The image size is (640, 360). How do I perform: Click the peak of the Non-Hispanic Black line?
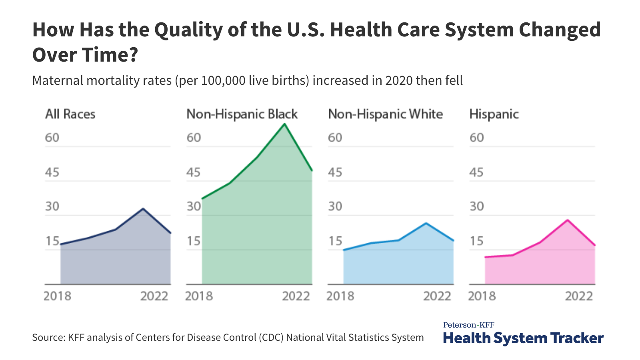(x=284, y=124)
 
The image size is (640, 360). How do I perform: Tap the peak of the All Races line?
(x=143, y=209)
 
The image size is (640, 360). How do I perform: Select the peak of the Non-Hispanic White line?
(x=426, y=223)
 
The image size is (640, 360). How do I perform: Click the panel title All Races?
(x=70, y=114)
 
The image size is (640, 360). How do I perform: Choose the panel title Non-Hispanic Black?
(x=242, y=114)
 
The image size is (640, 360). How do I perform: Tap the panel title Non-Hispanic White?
(x=385, y=114)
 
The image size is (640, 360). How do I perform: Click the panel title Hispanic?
(x=494, y=114)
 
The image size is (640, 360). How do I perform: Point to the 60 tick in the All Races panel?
(x=52, y=138)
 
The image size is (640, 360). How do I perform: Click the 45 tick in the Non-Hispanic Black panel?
(x=194, y=172)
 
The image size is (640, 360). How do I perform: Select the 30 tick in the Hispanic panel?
(x=476, y=206)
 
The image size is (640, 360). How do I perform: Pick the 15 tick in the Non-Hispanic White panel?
(x=335, y=241)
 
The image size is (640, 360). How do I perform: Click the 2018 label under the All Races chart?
(x=57, y=296)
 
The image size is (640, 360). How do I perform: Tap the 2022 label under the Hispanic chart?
(x=578, y=296)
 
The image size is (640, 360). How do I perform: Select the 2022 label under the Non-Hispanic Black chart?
(x=296, y=296)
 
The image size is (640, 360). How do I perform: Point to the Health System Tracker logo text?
(x=523, y=338)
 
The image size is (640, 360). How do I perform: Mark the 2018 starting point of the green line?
(x=202, y=198)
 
